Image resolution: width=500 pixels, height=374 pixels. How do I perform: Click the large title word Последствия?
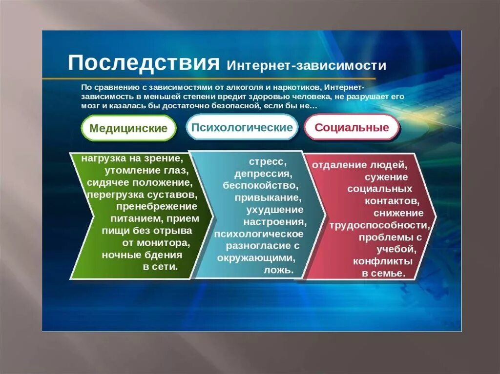tap(144, 62)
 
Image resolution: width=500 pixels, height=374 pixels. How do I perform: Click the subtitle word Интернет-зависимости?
tap(307, 65)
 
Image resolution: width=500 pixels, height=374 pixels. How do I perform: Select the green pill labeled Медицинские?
tap(128, 128)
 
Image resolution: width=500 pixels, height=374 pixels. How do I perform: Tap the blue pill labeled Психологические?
tap(242, 127)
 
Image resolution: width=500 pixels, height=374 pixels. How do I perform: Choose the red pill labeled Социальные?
tap(352, 127)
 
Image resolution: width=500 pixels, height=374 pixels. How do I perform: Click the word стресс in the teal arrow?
tap(268, 162)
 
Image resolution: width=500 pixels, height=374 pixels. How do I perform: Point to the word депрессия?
tap(263, 174)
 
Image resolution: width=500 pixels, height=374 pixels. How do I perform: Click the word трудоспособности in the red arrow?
tap(379, 225)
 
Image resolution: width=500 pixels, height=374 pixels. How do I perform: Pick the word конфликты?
tap(383, 261)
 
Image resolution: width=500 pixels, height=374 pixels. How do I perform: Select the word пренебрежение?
tap(157, 207)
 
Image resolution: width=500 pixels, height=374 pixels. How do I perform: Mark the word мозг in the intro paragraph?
tap(89, 106)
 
